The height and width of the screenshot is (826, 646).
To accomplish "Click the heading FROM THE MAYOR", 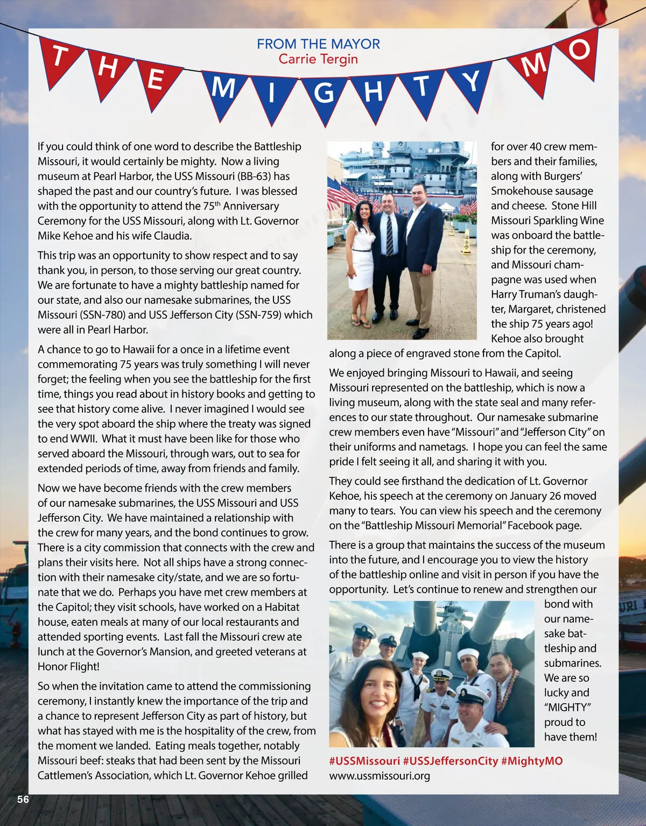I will point(318,44).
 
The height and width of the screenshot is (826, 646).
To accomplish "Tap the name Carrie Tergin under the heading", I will point(318,59).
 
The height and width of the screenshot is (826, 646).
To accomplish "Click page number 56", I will point(23,800).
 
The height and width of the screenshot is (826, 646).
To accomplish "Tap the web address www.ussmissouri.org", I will point(380,776).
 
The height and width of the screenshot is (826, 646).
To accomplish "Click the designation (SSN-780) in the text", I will point(98,315).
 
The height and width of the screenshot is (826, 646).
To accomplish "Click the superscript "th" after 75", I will point(217,203).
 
